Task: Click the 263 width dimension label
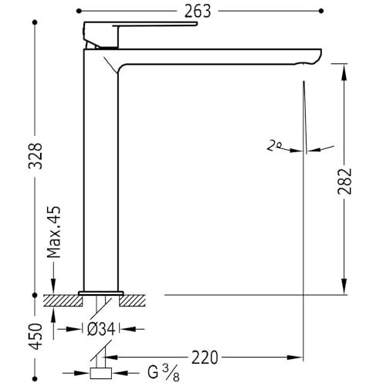pyautogui.click(x=198, y=12)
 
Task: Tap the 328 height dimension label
pyautogui.click(x=36, y=156)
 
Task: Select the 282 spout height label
pyautogui.click(x=344, y=181)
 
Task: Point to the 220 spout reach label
pyautogui.click(x=205, y=358)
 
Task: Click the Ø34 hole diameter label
pyautogui.click(x=100, y=329)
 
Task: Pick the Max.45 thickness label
pyautogui.click(x=54, y=232)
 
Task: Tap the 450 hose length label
pyautogui.click(x=36, y=337)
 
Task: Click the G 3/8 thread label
pyautogui.click(x=164, y=373)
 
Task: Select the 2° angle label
pyautogui.click(x=273, y=145)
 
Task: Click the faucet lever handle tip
pyautogui.click(x=196, y=24)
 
